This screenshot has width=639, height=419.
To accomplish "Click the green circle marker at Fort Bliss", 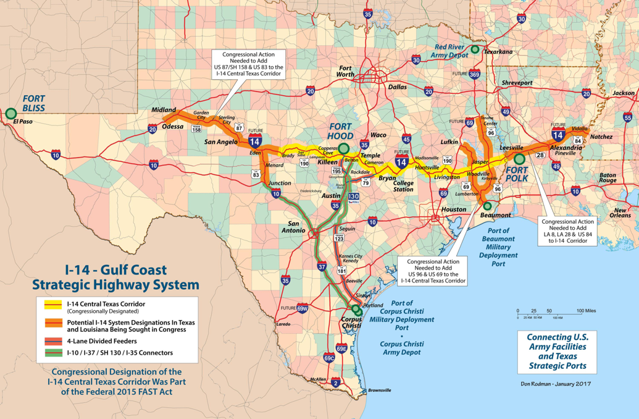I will pos(10,113).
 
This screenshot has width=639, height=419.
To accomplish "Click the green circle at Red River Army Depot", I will pos(475,49).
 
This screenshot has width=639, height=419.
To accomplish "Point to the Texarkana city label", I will pos(498,52).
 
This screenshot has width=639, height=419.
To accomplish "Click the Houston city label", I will pos(454,209).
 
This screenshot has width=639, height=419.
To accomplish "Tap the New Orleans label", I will pos(622,212).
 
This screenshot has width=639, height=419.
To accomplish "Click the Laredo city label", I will pos(283,324).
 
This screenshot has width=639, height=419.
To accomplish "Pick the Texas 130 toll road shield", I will pos(353,197).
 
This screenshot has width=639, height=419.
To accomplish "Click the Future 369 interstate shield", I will pos(474,74).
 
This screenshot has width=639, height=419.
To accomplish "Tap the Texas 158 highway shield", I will pos(196,129).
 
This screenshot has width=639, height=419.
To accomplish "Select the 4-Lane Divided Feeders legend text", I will pos(102,341).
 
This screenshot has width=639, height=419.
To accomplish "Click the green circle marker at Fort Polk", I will pos(519,158).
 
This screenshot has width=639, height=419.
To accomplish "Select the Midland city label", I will pos(164,109).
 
